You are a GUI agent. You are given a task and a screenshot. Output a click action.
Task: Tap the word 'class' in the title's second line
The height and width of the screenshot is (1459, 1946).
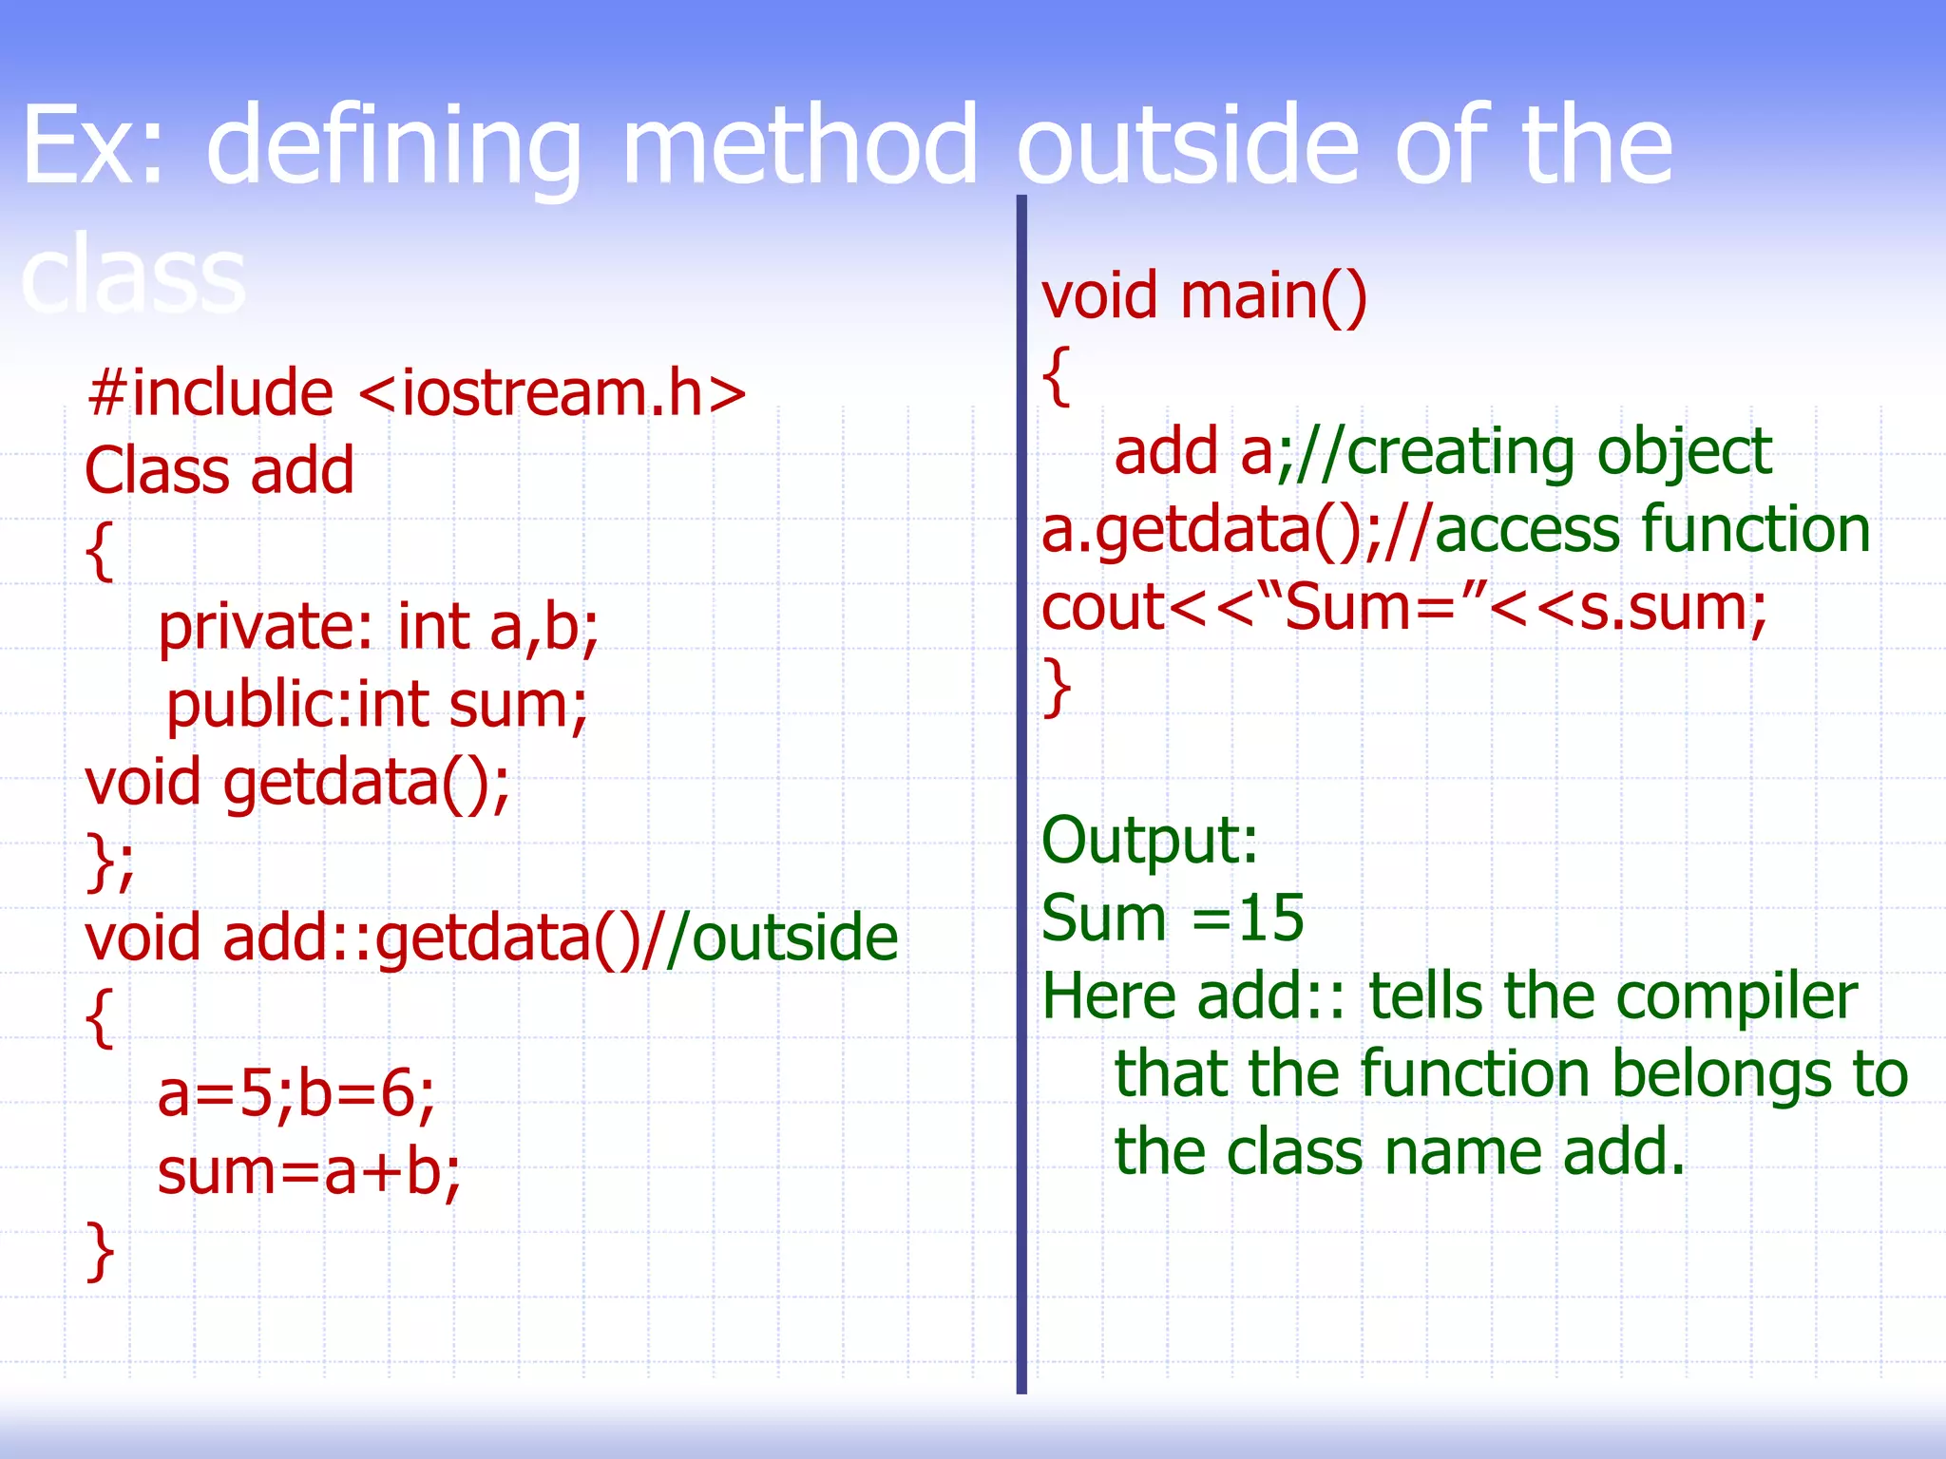coord(133,275)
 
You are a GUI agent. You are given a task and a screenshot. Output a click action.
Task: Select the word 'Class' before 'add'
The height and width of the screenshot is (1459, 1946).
coord(157,471)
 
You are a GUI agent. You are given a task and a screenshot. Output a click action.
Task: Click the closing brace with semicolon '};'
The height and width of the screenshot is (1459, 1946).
coord(110,861)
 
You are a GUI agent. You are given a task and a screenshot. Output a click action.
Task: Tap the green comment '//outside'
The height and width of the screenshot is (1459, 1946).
coord(770,939)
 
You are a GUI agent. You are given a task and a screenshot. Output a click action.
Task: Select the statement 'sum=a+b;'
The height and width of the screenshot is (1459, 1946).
coord(309,1173)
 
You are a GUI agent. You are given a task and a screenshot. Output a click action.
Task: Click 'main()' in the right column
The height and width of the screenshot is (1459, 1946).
coord(1273,296)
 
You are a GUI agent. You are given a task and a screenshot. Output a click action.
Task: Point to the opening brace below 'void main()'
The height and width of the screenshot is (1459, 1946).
coord(1057,376)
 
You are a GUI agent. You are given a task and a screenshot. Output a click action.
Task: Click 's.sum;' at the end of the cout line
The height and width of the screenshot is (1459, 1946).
coord(1672,608)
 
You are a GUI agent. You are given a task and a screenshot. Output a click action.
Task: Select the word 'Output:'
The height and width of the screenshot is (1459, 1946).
coord(1150,842)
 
